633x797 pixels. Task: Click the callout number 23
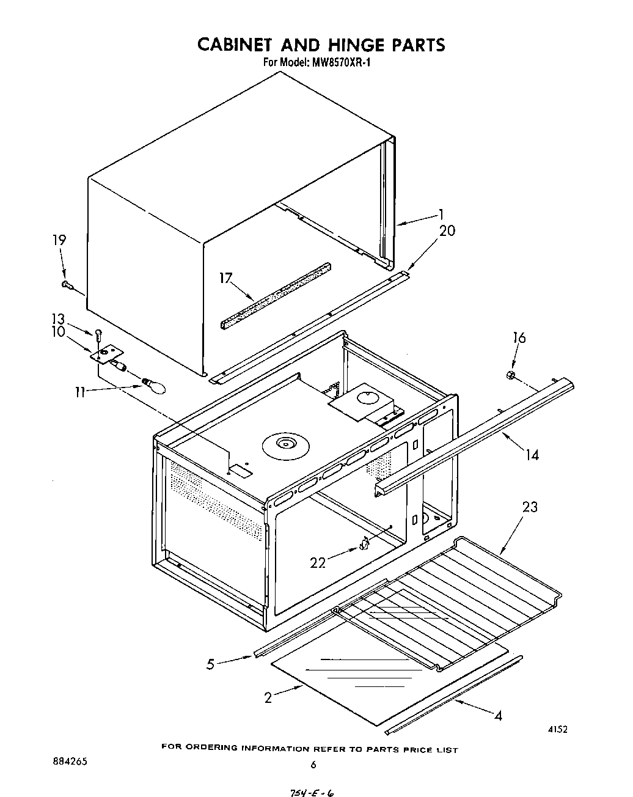click(x=530, y=507)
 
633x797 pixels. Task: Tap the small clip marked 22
click(x=365, y=543)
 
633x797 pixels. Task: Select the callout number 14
click(x=532, y=454)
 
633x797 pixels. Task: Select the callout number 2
click(x=268, y=697)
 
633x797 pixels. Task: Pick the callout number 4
click(x=498, y=716)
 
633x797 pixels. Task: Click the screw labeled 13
click(x=98, y=334)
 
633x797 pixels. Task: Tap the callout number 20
click(x=447, y=230)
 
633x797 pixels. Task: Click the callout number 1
click(x=441, y=215)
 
